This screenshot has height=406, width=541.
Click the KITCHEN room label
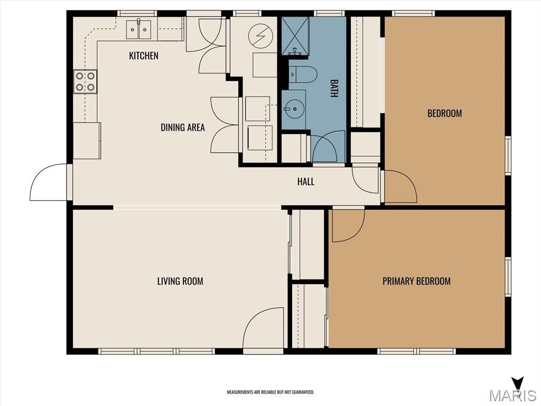[144, 56]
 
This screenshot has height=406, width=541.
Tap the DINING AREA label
[183, 127]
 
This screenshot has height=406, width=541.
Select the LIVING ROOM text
[180, 281]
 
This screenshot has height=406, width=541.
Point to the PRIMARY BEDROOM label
[416, 281]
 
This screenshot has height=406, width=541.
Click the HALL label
[306, 182]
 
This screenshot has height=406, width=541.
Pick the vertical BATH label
[334, 88]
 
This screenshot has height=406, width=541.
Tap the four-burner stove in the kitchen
[85, 81]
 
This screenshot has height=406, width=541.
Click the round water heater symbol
[260, 36]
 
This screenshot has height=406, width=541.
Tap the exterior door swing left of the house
[48, 183]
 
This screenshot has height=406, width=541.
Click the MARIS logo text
[512, 395]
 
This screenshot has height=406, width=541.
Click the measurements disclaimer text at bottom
[270, 392]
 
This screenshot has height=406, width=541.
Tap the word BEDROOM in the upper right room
[444, 113]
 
